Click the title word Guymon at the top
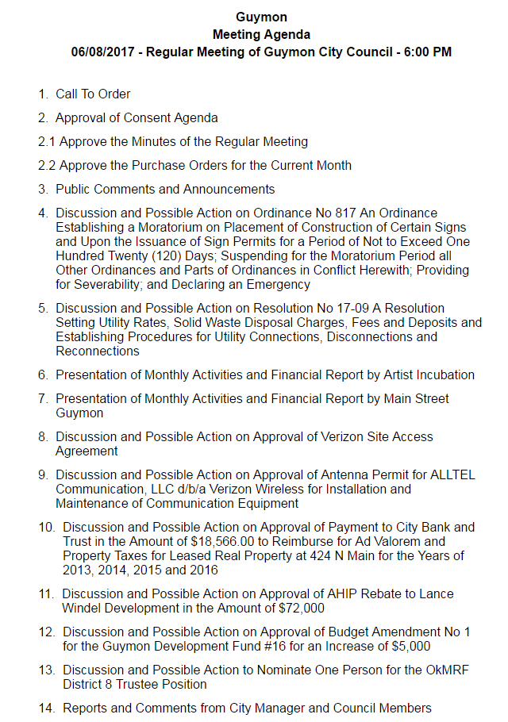point(261,17)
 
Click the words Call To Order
point(93,94)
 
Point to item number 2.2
point(47,166)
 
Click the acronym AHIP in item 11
point(321,593)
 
